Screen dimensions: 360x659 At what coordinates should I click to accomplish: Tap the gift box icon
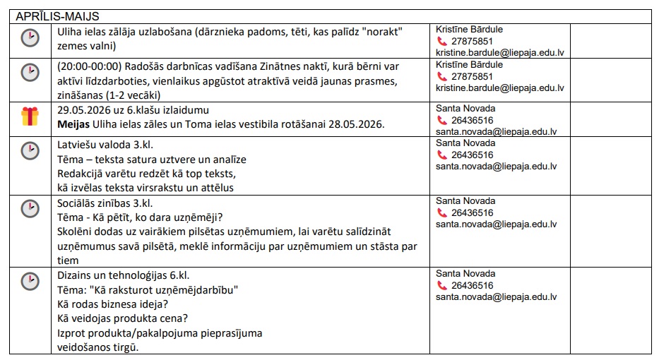[30, 116]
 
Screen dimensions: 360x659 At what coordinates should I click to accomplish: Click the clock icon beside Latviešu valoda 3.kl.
[30, 151]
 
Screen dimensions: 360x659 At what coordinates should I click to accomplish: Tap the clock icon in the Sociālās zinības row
[30, 209]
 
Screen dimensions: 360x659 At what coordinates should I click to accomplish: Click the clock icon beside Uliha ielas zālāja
[30, 38]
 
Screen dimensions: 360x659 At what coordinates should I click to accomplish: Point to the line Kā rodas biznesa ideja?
[112, 304]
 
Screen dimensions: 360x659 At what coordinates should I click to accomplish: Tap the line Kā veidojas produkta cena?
[121, 319]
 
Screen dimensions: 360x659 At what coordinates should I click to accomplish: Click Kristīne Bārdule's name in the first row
[469, 30]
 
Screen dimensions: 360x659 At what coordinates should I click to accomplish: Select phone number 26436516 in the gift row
[473, 120]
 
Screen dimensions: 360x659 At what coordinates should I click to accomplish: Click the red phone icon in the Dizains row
[443, 286]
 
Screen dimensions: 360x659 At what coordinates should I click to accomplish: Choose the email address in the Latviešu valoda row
[497, 167]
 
